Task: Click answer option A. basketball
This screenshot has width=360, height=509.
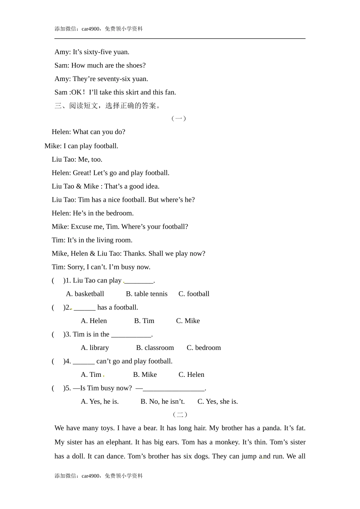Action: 85,294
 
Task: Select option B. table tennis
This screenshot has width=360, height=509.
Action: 147,294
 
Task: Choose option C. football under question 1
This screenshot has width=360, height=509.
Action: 194,294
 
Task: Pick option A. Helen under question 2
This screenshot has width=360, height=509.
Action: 94,321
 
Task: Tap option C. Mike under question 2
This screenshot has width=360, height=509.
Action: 188,321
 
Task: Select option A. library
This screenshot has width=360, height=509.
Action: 95,348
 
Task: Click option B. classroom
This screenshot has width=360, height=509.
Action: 155,348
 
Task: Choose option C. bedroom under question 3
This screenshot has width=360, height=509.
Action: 203,348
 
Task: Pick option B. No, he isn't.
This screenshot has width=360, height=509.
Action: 163,401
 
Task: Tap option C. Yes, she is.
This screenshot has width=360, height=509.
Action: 218,401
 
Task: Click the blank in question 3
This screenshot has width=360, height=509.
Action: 131,335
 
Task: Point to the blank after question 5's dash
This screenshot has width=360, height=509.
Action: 174,389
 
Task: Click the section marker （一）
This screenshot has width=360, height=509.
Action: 179,118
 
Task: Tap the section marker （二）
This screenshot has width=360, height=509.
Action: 180,414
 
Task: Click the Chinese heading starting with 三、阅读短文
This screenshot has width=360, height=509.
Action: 108,106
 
